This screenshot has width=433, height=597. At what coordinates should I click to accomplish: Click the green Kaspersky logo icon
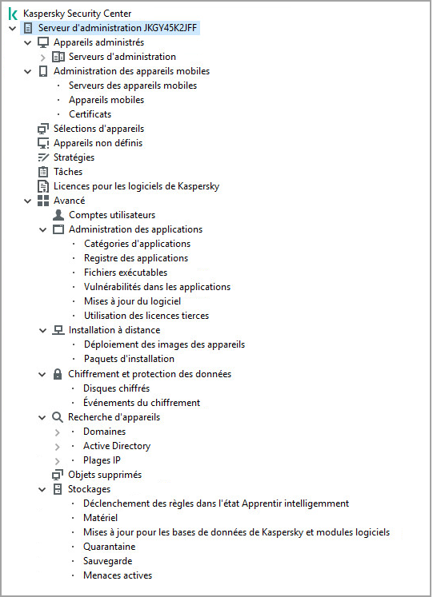13,14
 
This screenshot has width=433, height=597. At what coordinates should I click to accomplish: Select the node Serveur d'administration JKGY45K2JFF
118,28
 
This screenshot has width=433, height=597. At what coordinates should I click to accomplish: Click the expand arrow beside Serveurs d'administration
42,57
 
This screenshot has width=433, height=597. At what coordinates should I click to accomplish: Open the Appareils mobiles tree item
106,100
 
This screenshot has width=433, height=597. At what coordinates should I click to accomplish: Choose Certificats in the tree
90,114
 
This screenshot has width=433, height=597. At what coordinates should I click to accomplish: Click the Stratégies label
74,157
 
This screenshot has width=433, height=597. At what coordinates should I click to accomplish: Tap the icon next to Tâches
43,172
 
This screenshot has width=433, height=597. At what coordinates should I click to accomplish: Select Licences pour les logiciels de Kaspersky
136,186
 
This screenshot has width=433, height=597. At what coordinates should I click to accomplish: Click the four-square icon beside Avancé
43,201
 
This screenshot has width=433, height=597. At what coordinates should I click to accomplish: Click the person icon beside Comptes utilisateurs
58,215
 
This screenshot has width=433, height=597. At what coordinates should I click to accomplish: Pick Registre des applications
135,258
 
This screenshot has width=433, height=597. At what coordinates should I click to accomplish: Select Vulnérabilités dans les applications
157,287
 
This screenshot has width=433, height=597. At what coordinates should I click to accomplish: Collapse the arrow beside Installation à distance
42,330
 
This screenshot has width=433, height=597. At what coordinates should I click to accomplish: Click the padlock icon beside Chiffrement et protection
58,374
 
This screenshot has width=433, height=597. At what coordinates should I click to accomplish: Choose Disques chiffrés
116,388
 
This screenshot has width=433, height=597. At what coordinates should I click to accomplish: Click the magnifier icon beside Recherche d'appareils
58,417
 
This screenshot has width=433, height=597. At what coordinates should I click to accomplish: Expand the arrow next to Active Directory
58,446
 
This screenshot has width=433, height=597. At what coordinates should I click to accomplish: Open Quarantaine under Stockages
109,547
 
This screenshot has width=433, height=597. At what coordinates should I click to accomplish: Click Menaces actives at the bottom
117,575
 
